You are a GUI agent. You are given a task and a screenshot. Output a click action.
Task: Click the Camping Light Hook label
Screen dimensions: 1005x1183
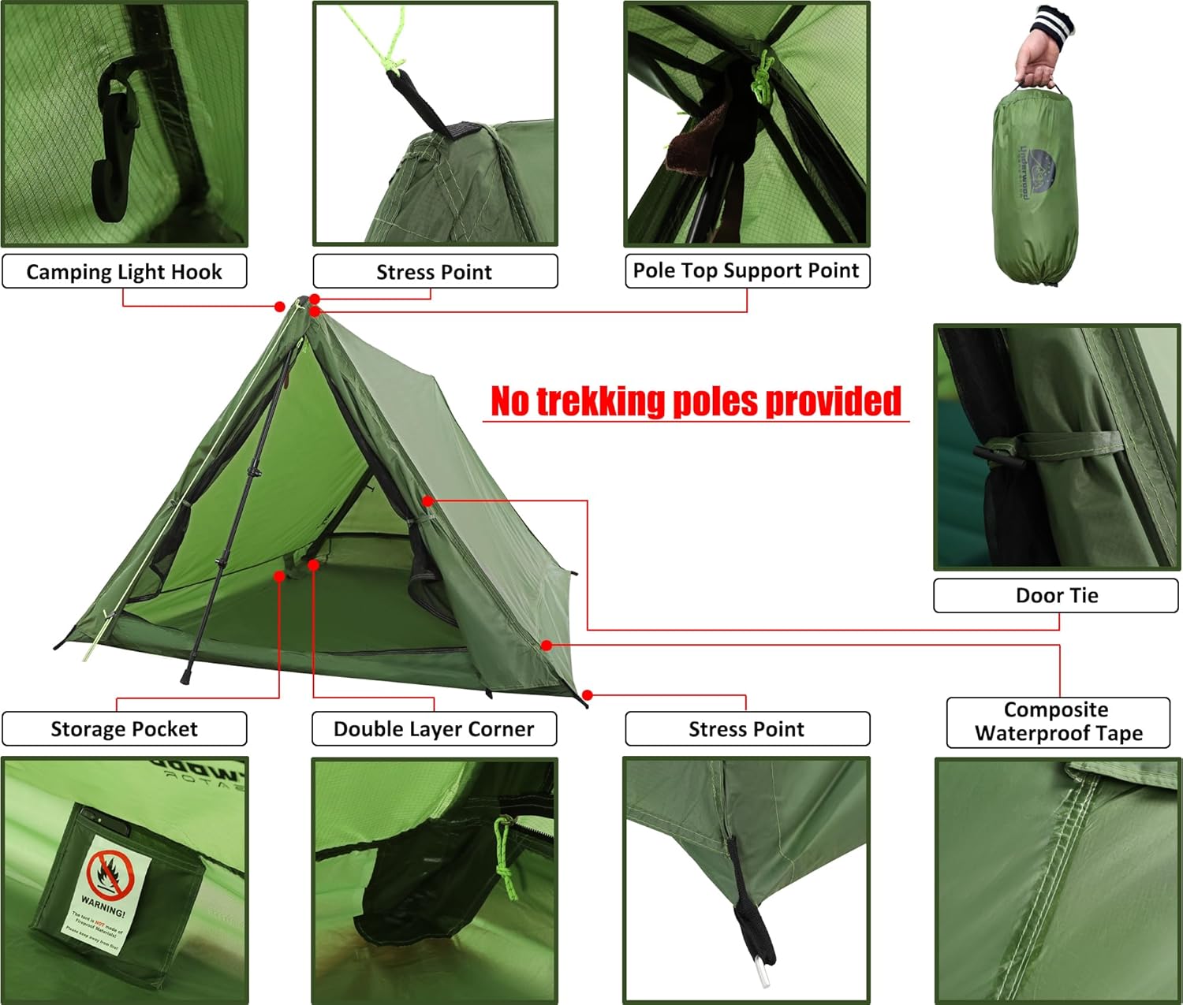click(x=124, y=272)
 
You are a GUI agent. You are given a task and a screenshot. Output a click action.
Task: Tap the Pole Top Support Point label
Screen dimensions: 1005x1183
click(x=746, y=270)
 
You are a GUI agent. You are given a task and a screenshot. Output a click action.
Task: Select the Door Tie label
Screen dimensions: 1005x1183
click(x=1056, y=595)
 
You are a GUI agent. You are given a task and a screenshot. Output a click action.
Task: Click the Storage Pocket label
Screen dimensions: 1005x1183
click(x=124, y=728)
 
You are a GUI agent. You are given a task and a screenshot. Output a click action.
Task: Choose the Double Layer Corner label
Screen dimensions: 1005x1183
click(x=434, y=728)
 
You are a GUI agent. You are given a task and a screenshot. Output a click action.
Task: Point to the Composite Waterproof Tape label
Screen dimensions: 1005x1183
click(x=1058, y=721)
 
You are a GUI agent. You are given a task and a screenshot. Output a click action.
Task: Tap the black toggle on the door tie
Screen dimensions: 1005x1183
click(x=999, y=457)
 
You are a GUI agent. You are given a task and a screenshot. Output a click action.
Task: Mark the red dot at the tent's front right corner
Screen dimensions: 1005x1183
click(x=588, y=695)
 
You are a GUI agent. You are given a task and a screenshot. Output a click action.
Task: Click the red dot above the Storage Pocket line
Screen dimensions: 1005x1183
click(x=279, y=576)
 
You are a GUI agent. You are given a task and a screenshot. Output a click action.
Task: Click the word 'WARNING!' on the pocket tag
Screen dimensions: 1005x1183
click(x=103, y=906)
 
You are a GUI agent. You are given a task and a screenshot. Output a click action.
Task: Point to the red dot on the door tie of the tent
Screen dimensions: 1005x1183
click(x=427, y=501)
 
